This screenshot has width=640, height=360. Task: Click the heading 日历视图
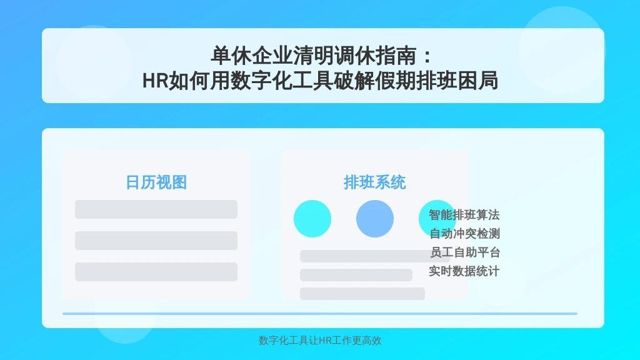(x=156, y=182)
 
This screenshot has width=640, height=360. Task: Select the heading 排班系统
(x=375, y=182)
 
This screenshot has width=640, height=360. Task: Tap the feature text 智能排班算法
(x=464, y=215)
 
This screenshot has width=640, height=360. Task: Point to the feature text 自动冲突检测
(x=465, y=234)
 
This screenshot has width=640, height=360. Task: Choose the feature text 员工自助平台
(x=465, y=252)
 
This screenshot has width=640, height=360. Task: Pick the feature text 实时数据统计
(x=464, y=271)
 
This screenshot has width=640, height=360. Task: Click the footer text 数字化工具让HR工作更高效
(x=320, y=341)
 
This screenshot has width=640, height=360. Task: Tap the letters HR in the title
(x=155, y=81)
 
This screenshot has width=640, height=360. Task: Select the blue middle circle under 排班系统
(x=375, y=219)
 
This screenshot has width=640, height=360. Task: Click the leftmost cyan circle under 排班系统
(x=312, y=219)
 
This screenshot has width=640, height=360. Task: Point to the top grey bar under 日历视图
(x=156, y=209)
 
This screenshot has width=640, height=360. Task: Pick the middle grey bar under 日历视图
(x=156, y=241)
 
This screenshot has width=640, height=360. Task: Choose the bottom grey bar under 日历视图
(x=156, y=272)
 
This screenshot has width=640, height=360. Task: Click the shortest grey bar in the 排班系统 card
(x=356, y=275)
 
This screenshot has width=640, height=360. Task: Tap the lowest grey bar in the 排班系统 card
(x=362, y=294)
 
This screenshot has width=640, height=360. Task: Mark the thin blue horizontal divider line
(x=320, y=314)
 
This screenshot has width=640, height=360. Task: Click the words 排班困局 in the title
(x=457, y=81)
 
